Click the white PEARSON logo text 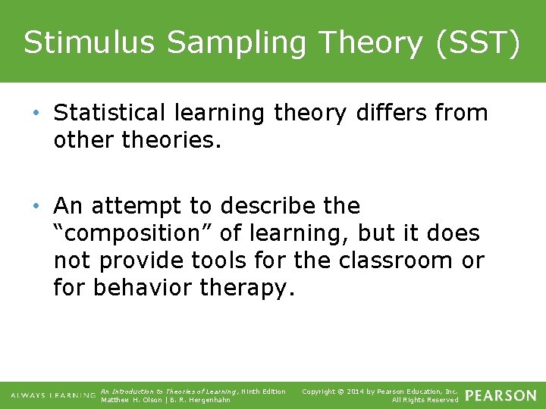(x=500, y=395)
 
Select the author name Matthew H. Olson (x=131, y=400)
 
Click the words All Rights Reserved (x=425, y=400)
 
